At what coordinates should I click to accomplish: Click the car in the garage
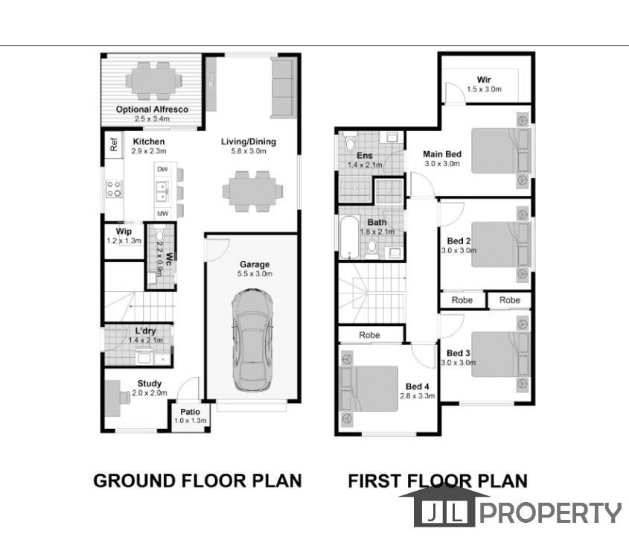click(x=252, y=340)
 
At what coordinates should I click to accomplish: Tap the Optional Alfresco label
click(x=152, y=109)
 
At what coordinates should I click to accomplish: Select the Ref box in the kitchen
click(x=114, y=144)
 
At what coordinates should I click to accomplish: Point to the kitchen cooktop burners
click(x=114, y=189)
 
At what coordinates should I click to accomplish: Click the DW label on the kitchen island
click(x=162, y=169)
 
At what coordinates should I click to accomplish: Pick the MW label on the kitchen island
click(x=162, y=214)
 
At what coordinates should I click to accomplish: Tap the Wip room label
click(x=124, y=232)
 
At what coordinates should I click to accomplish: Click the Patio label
click(x=190, y=412)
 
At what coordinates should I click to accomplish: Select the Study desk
click(x=113, y=398)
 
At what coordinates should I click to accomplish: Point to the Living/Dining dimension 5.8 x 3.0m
click(x=249, y=151)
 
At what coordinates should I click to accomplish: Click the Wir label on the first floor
click(x=484, y=80)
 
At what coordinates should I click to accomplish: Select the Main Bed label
click(x=442, y=154)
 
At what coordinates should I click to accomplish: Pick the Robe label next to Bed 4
click(x=369, y=335)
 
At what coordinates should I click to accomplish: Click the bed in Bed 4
click(x=368, y=389)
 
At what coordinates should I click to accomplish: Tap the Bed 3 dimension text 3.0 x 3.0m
click(x=459, y=363)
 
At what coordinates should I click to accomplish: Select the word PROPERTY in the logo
click(x=550, y=512)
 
